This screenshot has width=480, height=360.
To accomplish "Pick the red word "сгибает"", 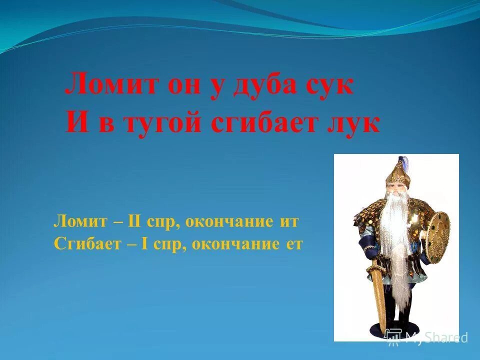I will coord(266,123).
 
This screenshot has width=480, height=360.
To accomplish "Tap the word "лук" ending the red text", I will coord(355,123).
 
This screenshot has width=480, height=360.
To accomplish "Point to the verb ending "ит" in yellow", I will coord(288,221).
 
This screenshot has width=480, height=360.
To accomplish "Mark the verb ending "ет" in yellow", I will coord(294,244).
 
